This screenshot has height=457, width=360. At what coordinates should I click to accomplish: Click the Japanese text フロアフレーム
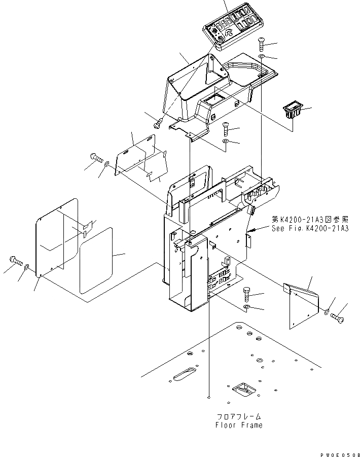pyautogui.click(x=239, y=416)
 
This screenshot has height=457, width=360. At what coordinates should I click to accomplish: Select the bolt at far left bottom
pyautogui.click(x=15, y=262)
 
